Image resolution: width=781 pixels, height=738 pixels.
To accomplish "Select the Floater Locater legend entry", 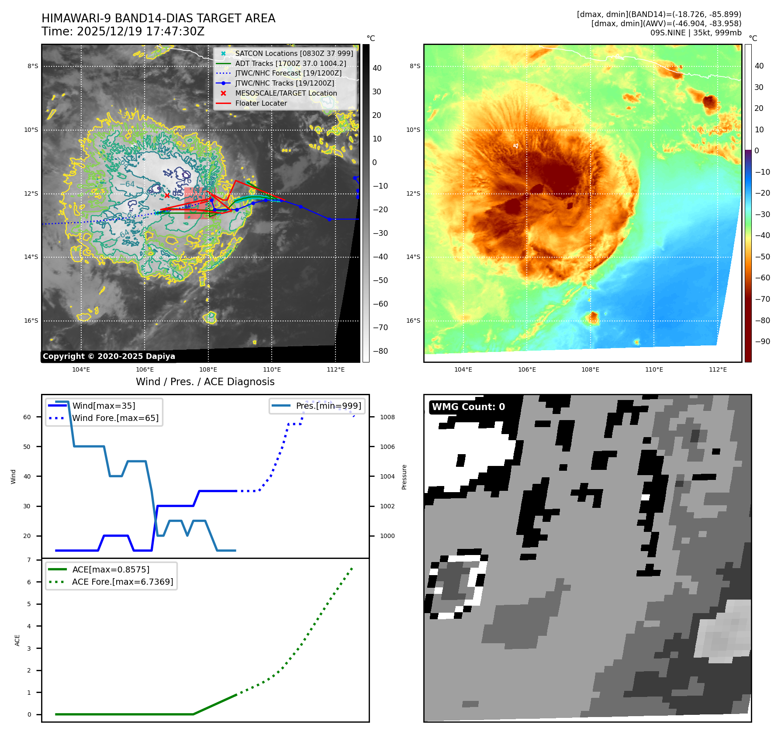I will point(261,103).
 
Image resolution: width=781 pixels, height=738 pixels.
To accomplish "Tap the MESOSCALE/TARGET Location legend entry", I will point(286,93).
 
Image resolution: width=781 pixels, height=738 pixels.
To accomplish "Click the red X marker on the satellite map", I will point(167,196).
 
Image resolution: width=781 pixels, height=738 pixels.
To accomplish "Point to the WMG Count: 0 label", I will point(468,407).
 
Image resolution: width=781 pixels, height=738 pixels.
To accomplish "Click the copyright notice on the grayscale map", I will point(109,356).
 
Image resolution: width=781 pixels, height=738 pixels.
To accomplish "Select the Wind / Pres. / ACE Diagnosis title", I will point(205,382).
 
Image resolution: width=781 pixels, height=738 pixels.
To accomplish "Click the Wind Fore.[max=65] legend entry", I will point(115,418).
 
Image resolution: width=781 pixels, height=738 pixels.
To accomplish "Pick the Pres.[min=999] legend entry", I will point(328,406).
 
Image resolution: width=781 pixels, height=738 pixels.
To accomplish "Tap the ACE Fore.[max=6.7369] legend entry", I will point(122,582).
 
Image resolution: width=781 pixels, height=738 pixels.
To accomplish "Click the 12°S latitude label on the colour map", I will point(413,193).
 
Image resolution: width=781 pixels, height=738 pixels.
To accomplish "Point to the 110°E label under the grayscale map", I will point(272,369).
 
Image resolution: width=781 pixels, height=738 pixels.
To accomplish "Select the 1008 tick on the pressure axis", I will point(387,417).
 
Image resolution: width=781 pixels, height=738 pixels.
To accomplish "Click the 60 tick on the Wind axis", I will point(27,417).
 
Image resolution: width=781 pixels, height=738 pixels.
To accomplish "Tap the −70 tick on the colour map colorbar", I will point(762,299).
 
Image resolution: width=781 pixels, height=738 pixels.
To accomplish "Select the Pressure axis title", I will point(404,476).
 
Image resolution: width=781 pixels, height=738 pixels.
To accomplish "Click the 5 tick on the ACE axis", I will point(29,604).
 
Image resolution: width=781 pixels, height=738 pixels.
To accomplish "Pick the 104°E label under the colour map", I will point(463,369).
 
